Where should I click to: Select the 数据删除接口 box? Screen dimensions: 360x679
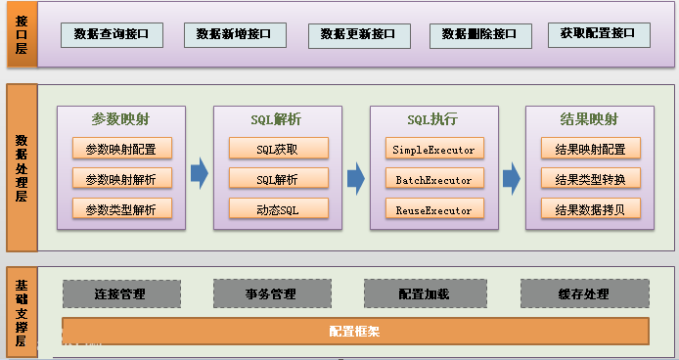(x=480, y=34)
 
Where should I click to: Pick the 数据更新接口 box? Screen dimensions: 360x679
(x=358, y=34)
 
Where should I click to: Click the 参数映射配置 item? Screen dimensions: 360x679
(x=121, y=150)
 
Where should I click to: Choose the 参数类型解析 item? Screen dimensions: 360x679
(x=121, y=208)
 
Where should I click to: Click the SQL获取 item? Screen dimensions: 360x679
(x=278, y=150)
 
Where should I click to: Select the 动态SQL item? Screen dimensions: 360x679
(x=278, y=208)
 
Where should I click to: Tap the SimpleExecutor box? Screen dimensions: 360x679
(x=433, y=150)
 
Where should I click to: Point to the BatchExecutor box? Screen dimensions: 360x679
(x=433, y=179)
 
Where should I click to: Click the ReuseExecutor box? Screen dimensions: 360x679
(x=433, y=209)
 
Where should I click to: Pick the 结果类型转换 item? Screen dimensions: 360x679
(x=590, y=179)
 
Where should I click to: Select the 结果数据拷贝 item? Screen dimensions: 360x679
(x=590, y=208)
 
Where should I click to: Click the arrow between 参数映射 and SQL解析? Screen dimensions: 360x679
(x=199, y=174)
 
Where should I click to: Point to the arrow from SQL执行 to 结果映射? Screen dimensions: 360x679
(x=512, y=177)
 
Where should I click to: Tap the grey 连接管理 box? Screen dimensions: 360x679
(x=121, y=293)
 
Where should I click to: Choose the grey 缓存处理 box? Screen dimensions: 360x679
(x=584, y=293)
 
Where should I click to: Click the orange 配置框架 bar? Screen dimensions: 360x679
(x=355, y=331)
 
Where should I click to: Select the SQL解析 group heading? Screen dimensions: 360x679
(x=276, y=119)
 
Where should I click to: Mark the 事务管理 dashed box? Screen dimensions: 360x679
(x=270, y=293)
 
